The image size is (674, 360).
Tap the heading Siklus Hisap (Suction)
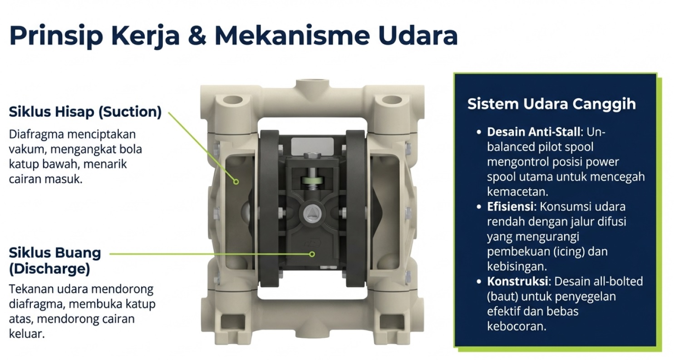85,112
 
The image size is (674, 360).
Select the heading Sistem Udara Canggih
551,104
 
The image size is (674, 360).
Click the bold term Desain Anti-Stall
533,132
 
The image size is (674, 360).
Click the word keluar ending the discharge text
26,335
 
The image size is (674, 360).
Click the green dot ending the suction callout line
236,182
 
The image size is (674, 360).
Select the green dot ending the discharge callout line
312,254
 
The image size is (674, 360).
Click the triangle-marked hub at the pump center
312,212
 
